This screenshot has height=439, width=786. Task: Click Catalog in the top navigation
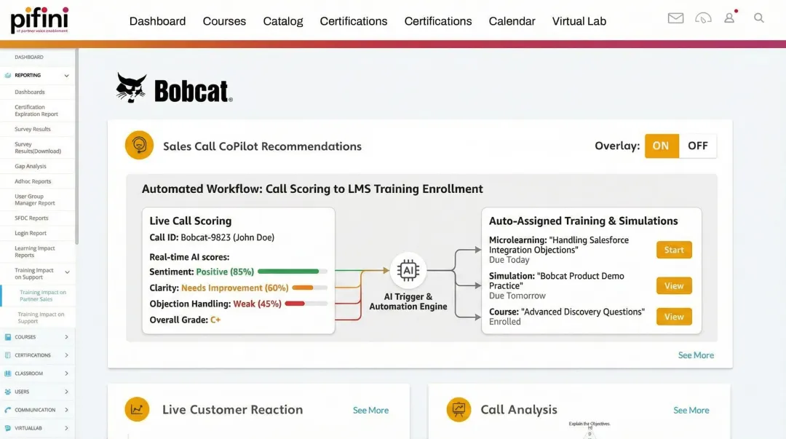283,21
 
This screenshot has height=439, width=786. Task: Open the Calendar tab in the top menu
512,21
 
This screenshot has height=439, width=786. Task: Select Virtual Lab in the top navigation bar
579,21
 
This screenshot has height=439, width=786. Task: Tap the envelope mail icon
675,17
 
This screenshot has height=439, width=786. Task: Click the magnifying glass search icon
759,17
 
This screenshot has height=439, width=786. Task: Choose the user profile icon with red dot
729,17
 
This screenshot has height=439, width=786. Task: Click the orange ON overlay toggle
661,146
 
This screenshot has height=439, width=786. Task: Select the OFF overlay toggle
697,146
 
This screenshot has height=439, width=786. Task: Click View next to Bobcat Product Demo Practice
674,285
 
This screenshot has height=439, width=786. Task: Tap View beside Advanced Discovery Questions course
674,317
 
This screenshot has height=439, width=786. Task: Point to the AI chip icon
408,271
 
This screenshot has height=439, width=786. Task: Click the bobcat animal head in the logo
132,88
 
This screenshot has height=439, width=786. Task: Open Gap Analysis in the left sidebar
31,167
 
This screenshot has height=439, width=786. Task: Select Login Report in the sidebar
31,234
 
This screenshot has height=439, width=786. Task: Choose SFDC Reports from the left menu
31,218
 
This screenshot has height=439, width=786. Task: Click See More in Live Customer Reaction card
370,411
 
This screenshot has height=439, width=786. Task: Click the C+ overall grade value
215,320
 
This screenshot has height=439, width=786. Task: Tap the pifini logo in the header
39,19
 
